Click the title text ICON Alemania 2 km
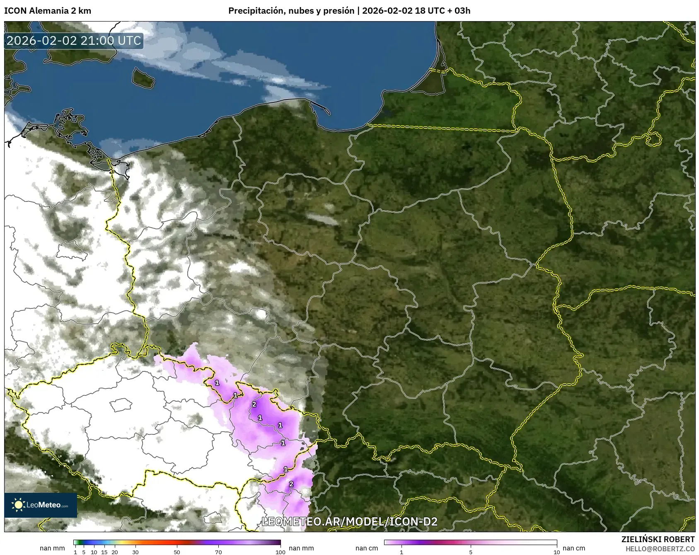(48, 11)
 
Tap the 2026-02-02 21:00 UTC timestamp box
(74, 41)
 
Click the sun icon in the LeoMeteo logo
(18, 504)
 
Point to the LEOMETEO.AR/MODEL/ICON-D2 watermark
(349, 521)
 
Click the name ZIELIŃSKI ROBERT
(658, 539)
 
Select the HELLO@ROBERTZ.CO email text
(660, 549)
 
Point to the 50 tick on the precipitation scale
(177, 552)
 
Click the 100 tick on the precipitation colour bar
(281, 552)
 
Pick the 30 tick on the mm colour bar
(135, 552)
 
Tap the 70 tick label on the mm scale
(218, 552)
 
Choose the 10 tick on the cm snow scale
(556, 552)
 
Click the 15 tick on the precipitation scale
(104, 552)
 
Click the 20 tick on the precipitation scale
(115, 552)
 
